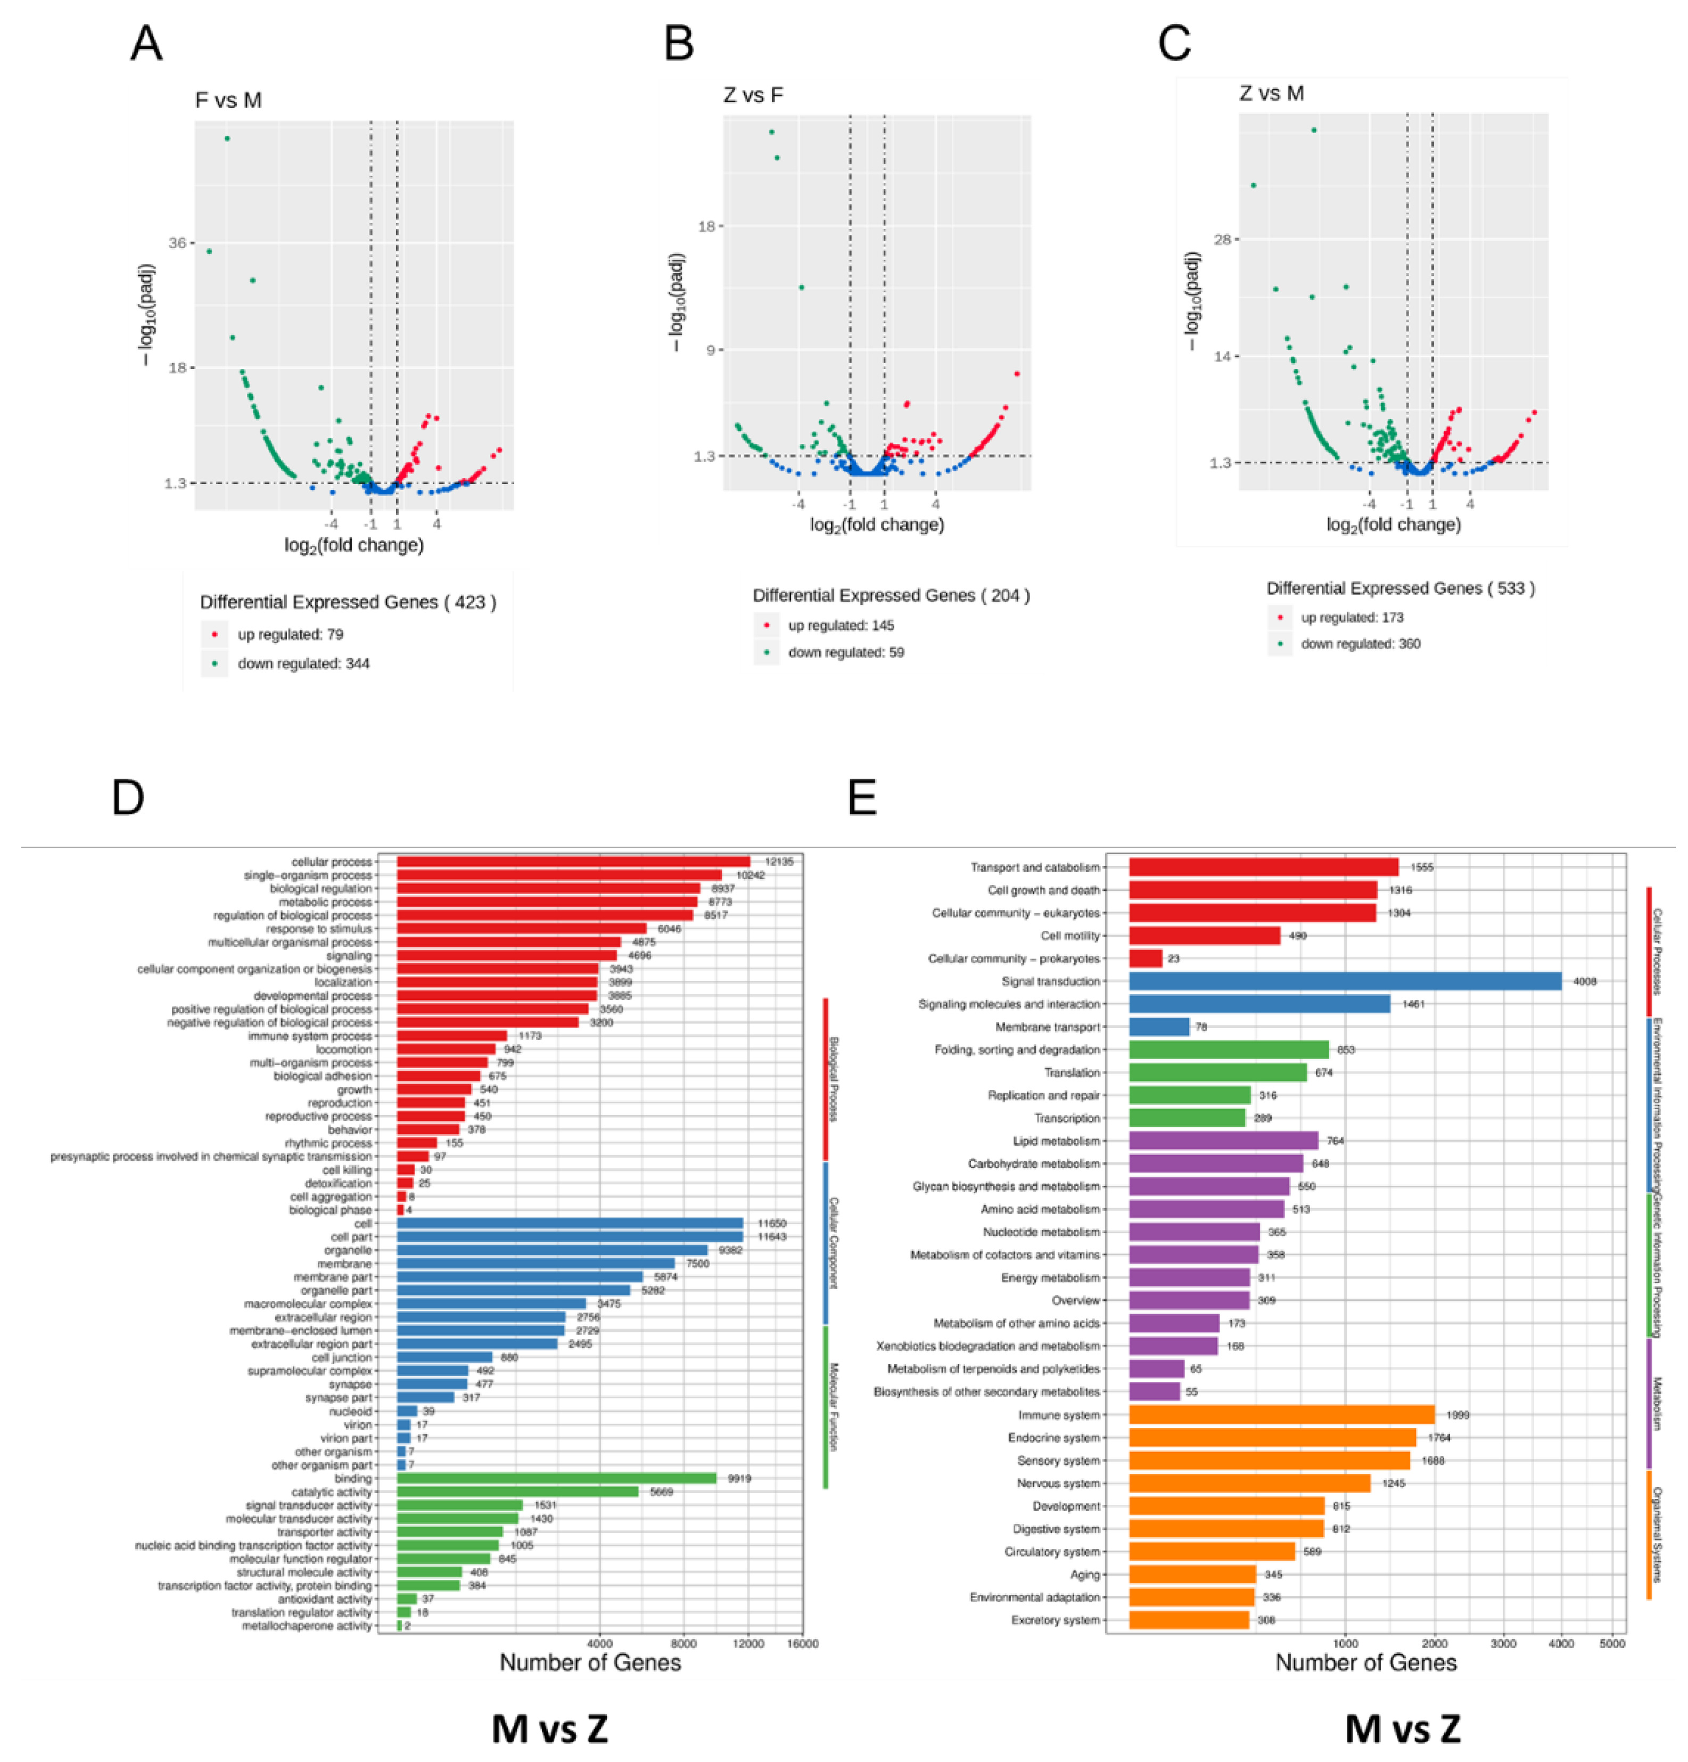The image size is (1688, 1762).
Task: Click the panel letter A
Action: (x=146, y=43)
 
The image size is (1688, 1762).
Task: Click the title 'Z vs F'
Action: (x=752, y=94)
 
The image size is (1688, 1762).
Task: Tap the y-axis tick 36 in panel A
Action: (x=177, y=243)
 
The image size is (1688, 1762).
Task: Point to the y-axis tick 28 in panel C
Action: (x=1222, y=239)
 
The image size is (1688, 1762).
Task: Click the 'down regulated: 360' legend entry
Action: (x=1360, y=644)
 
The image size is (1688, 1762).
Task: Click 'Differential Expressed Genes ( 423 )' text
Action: (x=348, y=602)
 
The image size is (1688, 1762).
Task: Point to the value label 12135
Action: (x=778, y=861)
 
